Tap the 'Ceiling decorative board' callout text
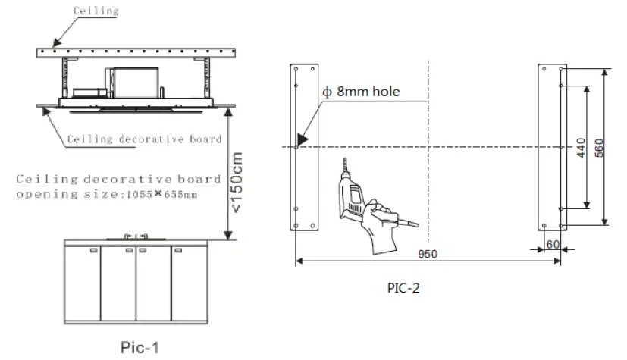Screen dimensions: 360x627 [144, 139]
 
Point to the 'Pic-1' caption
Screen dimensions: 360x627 [140, 346]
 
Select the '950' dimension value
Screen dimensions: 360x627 [428, 254]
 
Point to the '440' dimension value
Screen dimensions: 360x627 [579, 147]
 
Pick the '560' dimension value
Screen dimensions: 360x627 [598, 147]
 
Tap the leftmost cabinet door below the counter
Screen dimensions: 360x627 [83, 284]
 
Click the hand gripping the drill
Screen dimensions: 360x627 [379, 227]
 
